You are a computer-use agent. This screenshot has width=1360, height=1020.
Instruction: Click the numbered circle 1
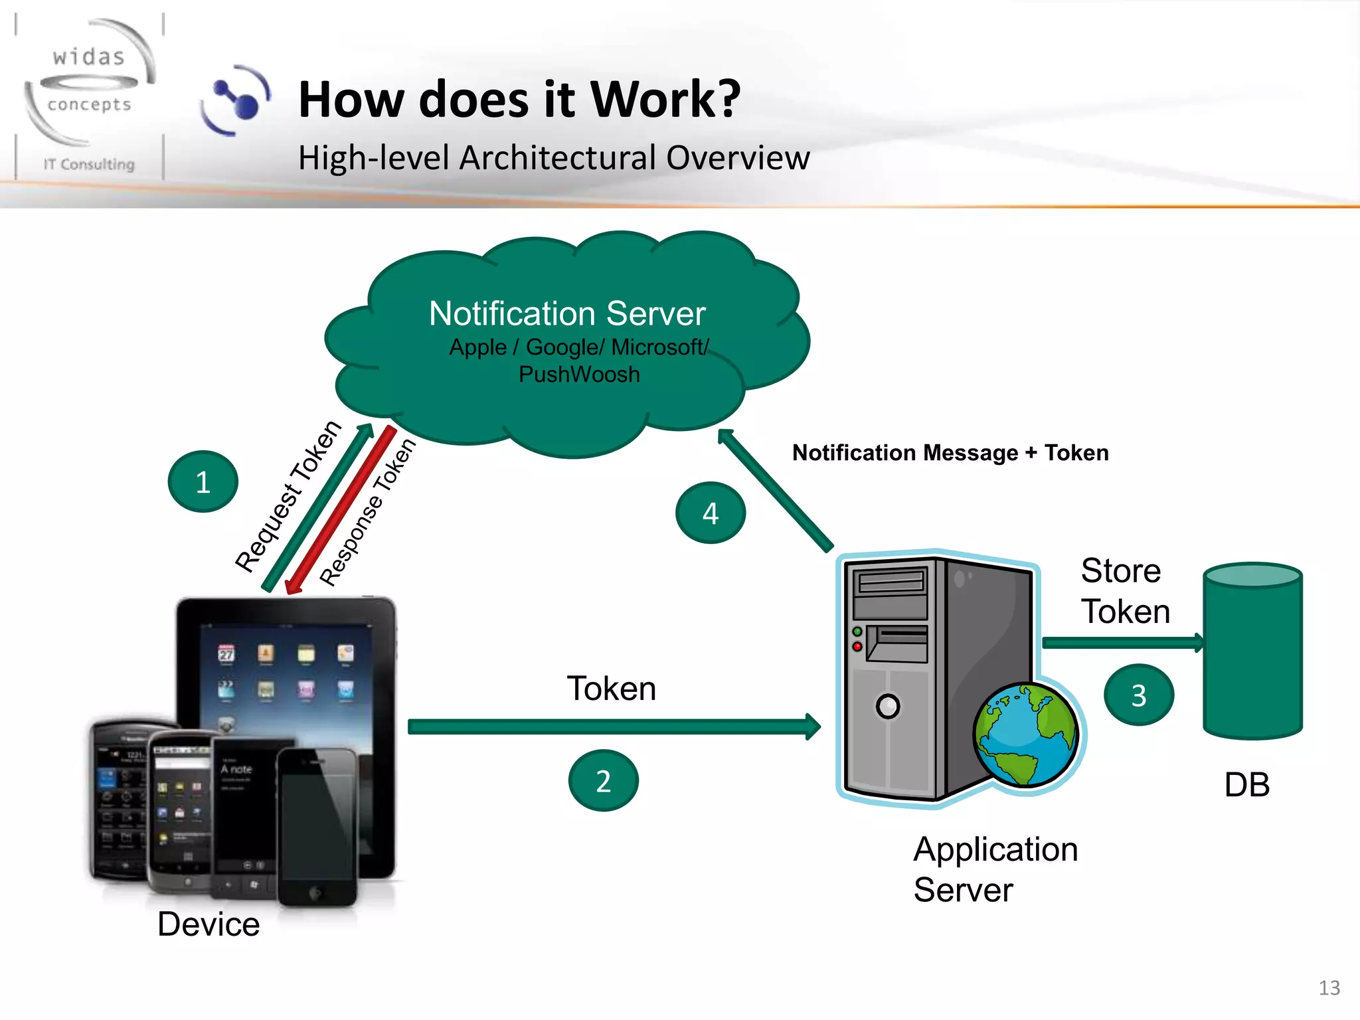coord(203,481)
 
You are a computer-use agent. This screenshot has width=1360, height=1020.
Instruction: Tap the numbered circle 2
coord(603,781)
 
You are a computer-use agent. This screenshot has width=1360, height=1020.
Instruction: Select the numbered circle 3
coord(1139,695)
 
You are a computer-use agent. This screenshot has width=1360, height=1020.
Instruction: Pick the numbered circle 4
coord(711,513)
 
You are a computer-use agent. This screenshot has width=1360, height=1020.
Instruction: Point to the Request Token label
coord(288,496)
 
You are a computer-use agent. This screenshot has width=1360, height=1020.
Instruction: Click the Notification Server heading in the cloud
coord(567,313)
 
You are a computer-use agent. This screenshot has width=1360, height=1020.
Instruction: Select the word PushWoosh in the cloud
coord(579,375)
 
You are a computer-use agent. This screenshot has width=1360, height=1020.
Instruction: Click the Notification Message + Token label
coord(950,453)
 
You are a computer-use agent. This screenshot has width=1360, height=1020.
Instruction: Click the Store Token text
coord(1125,591)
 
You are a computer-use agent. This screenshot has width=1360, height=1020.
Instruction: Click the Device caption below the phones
coord(209,924)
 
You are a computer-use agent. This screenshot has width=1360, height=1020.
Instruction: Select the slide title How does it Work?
coord(519,100)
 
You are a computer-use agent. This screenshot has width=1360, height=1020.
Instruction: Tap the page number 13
coord(1329,987)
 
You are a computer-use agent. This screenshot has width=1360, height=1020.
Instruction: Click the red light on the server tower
coord(857,646)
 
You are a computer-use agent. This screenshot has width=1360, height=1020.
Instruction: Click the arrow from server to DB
coord(1122,642)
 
